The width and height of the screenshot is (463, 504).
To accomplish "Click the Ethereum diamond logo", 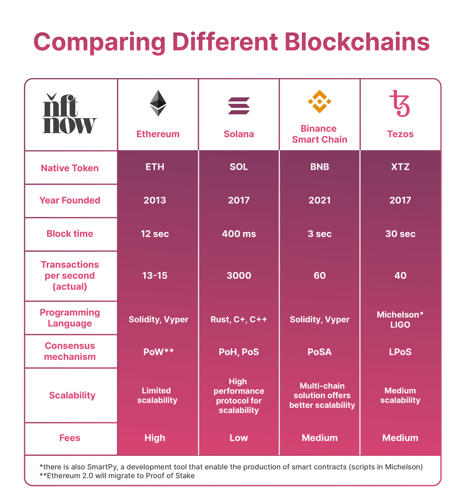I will [x=158, y=103].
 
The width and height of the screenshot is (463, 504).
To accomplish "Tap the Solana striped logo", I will [x=239, y=106].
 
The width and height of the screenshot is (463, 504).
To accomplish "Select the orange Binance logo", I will [x=319, y=101].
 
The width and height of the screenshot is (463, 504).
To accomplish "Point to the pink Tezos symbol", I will [x=400, y=104].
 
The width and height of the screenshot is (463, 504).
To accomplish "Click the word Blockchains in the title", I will [x=357, y=42].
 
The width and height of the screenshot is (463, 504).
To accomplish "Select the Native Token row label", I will [x=70, y=168].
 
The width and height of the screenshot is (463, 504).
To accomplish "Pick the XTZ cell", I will [x=400, y=167].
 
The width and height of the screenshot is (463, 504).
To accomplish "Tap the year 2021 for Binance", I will [x=319, y=200].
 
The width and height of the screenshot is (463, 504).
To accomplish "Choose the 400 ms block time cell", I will [x=239, y=234].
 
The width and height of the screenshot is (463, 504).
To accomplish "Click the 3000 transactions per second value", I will [x=239, y=275].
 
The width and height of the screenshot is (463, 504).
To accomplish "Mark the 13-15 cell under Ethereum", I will [x=154, y=275].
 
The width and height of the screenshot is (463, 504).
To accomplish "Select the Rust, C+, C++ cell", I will [x=239, y=319].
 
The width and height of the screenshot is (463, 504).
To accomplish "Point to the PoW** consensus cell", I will [x=158, y=352].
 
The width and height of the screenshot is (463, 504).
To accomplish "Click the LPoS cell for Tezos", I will [x=400, y=352].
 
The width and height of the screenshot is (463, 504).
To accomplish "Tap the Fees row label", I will [x=70, y=438].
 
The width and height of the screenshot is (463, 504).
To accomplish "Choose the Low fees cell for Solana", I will [x=239, y=438].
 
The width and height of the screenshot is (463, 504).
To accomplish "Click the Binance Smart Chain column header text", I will [x=319, y=134].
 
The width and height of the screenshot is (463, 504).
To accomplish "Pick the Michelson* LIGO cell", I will [x=400, y=319].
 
